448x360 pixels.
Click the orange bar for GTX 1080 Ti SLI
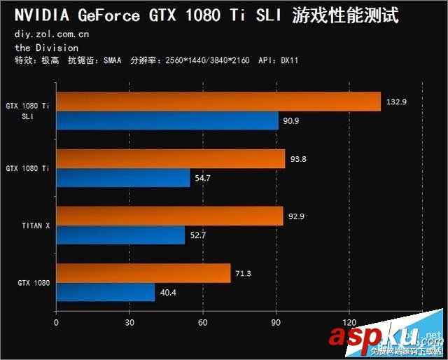218,102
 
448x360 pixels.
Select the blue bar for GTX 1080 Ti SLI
167,121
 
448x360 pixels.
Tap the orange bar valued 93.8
170,159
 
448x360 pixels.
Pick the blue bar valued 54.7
122,179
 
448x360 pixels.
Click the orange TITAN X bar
169,216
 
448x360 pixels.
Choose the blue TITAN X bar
120,235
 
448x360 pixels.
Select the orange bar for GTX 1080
143,273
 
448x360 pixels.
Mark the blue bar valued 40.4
105,292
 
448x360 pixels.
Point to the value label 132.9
395,102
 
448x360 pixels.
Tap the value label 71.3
245,272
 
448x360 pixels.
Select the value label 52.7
199,235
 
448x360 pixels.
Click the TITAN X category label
36,226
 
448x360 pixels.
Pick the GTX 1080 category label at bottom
34,283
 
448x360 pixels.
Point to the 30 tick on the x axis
129,323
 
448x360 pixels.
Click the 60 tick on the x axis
202,323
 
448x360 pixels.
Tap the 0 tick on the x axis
56,323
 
